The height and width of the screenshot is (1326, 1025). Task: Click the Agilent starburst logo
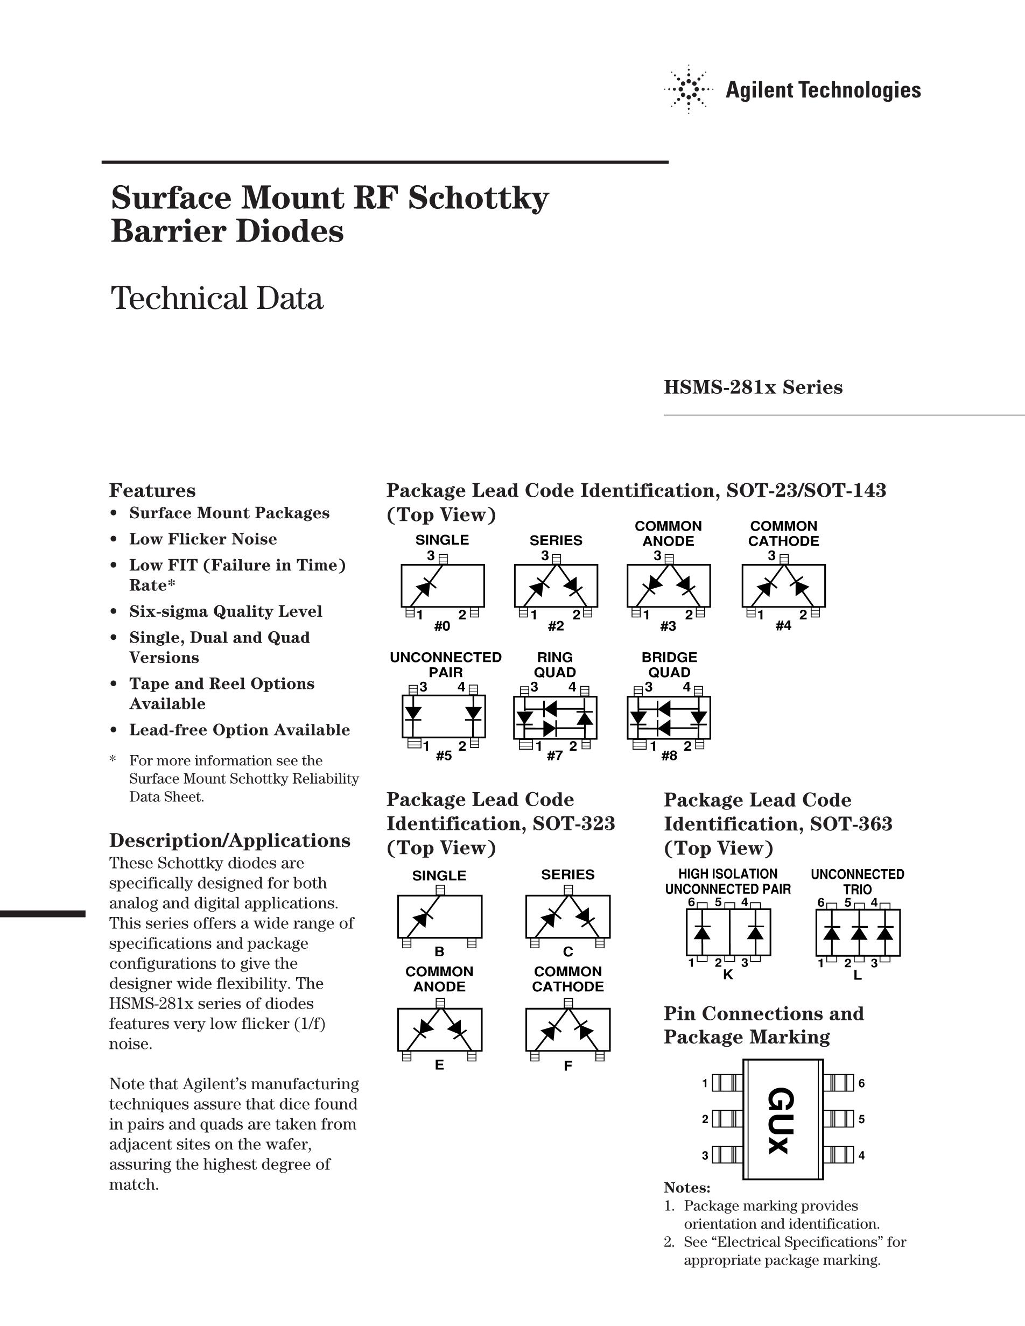[688, 90]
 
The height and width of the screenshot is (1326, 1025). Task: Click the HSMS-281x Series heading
[753, 387]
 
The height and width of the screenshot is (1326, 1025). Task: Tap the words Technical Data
[217, 298]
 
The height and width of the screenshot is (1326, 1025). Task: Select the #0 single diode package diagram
[442, 586]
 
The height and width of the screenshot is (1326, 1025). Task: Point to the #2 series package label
[556, 626]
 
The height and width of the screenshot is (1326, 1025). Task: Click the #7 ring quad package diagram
[555, 718]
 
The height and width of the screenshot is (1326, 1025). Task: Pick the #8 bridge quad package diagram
[669, 718]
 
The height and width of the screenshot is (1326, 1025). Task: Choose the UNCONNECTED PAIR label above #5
[446, 665]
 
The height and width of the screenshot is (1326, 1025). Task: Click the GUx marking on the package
[780, 1122]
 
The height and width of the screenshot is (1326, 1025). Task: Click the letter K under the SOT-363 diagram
[727, 975]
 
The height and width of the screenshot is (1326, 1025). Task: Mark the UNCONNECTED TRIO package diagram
[858, 933]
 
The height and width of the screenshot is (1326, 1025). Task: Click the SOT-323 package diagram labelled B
[440, 917]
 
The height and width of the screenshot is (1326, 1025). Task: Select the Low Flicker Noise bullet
[203, 539]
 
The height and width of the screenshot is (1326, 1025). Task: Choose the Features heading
[152, 491]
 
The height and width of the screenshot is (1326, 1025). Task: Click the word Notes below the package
[687, 1188]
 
